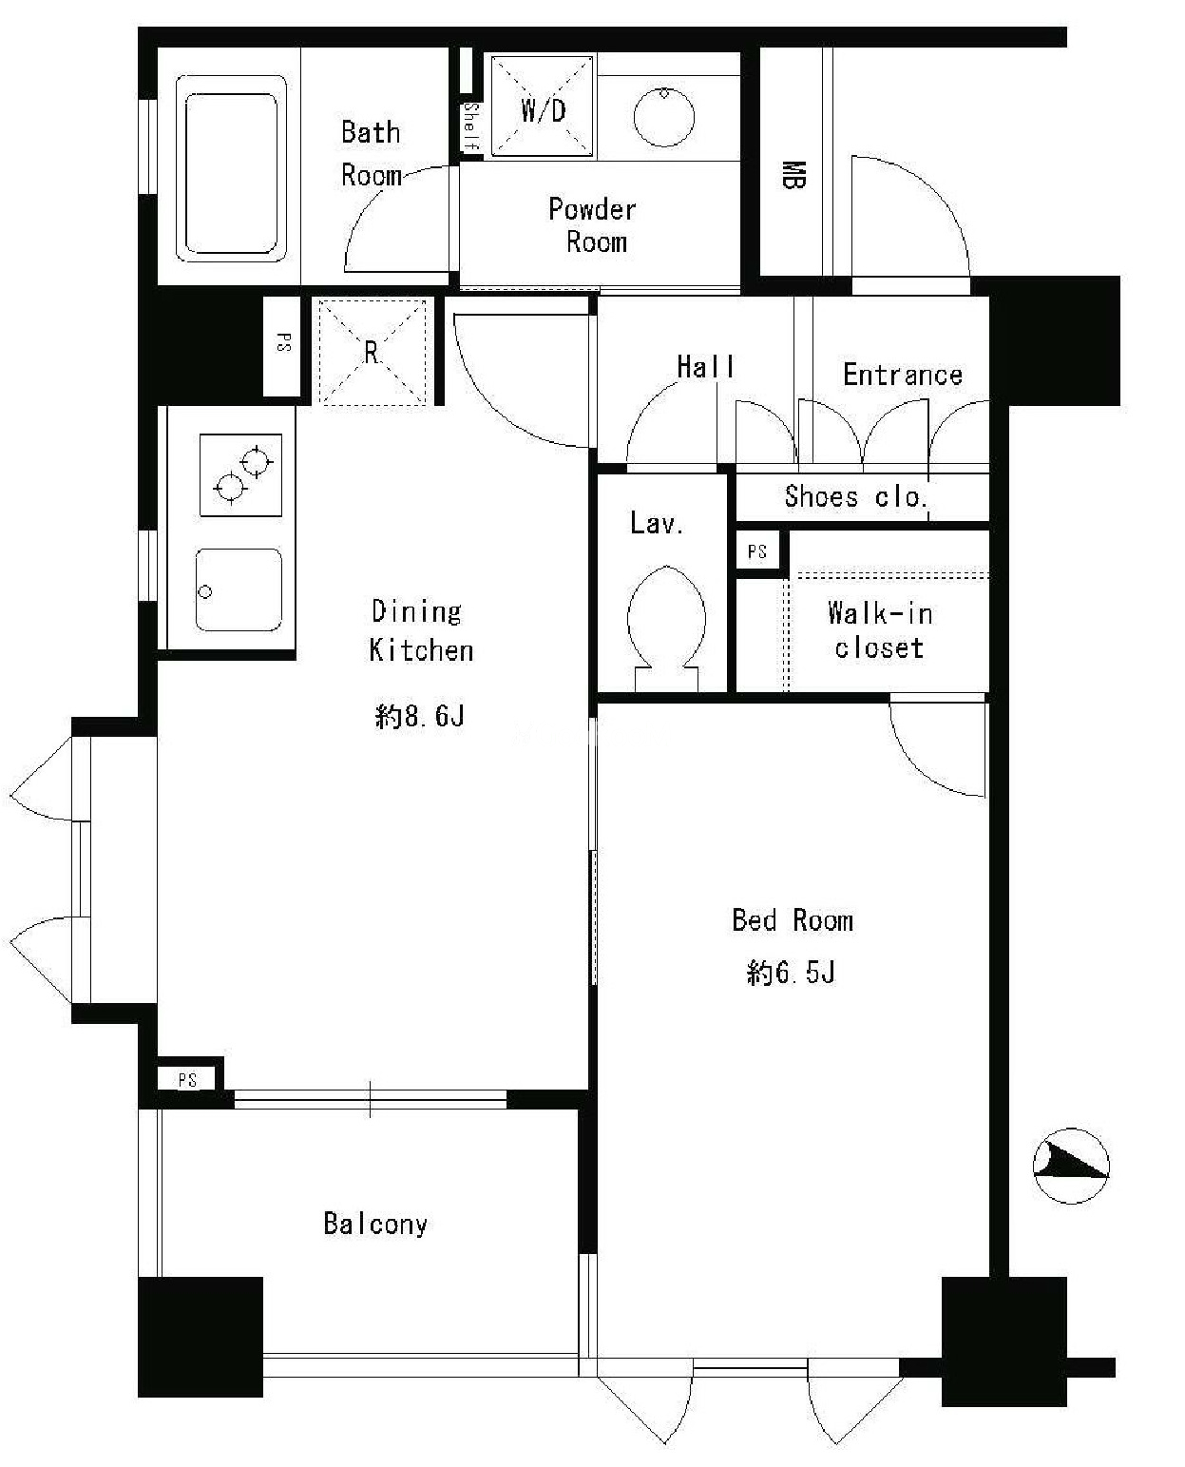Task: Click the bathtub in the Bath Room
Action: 231,168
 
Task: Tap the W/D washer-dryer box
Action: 543,106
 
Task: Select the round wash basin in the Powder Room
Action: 663,116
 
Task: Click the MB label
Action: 793,175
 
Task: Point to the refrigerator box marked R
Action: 372,351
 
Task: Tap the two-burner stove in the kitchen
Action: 240,474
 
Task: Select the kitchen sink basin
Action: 239,589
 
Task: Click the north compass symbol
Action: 1071,1166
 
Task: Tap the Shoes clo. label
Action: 856,496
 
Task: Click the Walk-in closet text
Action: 880,629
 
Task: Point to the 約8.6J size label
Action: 420,716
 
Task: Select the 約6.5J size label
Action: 791,973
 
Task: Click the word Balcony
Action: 375,1224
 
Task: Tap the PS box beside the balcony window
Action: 187,1079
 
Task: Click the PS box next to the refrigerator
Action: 283,346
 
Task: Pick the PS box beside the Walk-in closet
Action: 757,551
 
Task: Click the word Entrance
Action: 903,375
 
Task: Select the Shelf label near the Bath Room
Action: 471,126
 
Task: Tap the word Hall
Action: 705,366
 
